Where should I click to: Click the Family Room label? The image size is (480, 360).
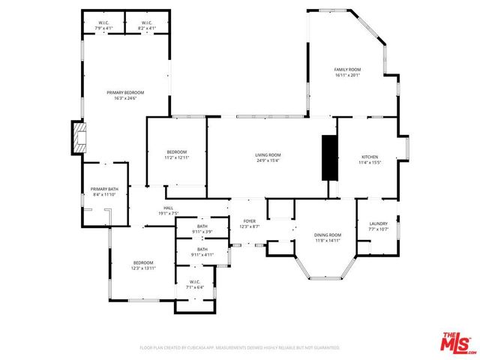[347, 72]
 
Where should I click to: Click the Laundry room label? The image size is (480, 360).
[378, 226]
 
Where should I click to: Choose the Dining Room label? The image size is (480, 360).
[328, 238]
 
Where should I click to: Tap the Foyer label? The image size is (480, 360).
[249, 224]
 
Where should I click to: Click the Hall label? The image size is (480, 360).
[169, 211]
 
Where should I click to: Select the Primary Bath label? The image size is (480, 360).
[104, 191]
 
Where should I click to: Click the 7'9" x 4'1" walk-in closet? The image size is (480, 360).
[103, 25]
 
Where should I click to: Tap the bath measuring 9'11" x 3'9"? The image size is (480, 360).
[202, 228]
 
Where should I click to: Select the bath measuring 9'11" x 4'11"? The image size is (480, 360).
[202, 252]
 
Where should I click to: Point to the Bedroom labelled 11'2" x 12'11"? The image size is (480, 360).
[176, 154]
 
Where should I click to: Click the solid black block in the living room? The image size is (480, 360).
[329, 157]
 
